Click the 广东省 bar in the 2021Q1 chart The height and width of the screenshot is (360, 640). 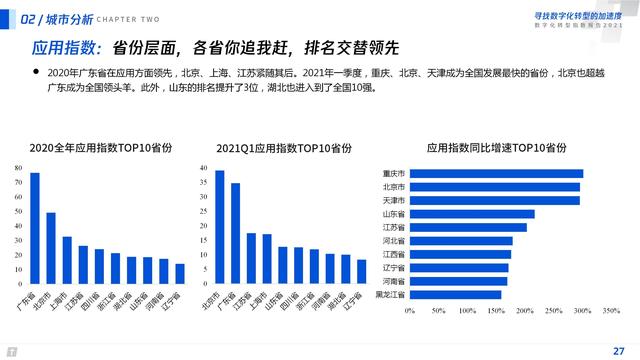[x=236, y=233]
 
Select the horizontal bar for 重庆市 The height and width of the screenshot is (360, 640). [x=496, y=173]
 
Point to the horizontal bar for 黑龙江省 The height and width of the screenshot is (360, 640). [x=455, y=294]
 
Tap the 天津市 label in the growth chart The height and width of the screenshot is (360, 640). [x=394, y=200]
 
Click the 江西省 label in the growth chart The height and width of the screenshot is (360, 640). [x=394, y=254]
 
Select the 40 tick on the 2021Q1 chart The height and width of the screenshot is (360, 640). [x=204, y=167]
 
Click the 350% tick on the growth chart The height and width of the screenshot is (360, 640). [x=610, y=311]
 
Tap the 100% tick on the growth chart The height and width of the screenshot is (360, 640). [x=466, y=311]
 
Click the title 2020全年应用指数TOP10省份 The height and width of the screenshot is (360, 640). [x=100, y=147]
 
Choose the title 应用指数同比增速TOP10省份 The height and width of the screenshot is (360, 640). [x=497, y=147]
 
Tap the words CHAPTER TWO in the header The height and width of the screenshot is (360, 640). [x=131, y=18]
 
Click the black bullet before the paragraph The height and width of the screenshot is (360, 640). [x=37, y=72]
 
